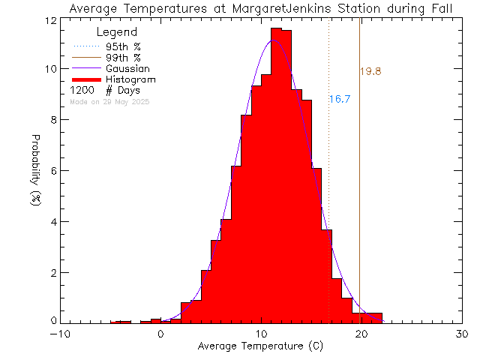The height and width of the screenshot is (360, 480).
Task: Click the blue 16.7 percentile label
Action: [340, 99]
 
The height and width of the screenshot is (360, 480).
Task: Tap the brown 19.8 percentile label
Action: [371, 72]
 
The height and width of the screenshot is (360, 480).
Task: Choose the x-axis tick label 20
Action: [361, 334]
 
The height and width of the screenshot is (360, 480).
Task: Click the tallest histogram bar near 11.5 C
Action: [276, 172]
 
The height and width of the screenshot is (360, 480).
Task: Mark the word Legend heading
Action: [118, 32]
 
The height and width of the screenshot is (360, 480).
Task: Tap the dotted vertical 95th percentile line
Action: [328, 187]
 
